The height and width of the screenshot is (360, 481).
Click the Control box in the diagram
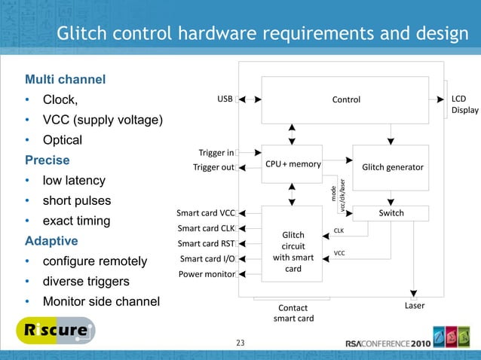(346, 99)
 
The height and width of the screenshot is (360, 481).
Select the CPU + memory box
(293, 164)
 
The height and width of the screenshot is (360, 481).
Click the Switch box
(391, 213)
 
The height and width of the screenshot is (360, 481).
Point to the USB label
(225, 99)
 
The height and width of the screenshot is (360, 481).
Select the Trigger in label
(216, 153)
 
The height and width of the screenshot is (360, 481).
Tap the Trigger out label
(213, 167)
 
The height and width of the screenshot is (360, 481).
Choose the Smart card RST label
(206, 243)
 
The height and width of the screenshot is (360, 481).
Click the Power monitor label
(207, 274)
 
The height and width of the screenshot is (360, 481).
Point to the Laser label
(415, 306)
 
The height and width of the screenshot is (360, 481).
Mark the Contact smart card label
(293, 313)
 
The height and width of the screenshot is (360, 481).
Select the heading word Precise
(47, 160)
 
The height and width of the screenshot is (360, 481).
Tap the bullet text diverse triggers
(86, 282)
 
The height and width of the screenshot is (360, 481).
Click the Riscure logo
(55, 330)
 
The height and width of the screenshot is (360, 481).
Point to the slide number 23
(240, 344)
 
